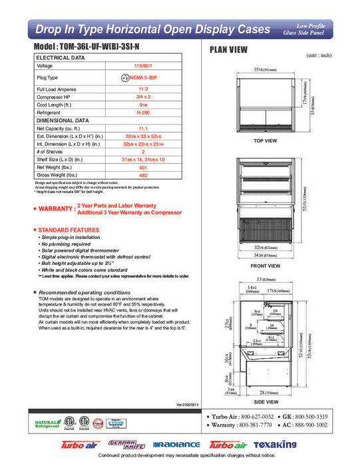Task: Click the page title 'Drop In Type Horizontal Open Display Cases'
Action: coord(153,29)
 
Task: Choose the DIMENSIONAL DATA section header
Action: coord(63,120)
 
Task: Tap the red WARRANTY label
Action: coord(53,209)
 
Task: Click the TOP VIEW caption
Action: coord(266,141)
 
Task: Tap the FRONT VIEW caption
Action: coord(266,266)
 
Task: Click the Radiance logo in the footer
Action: coord(176,445)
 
